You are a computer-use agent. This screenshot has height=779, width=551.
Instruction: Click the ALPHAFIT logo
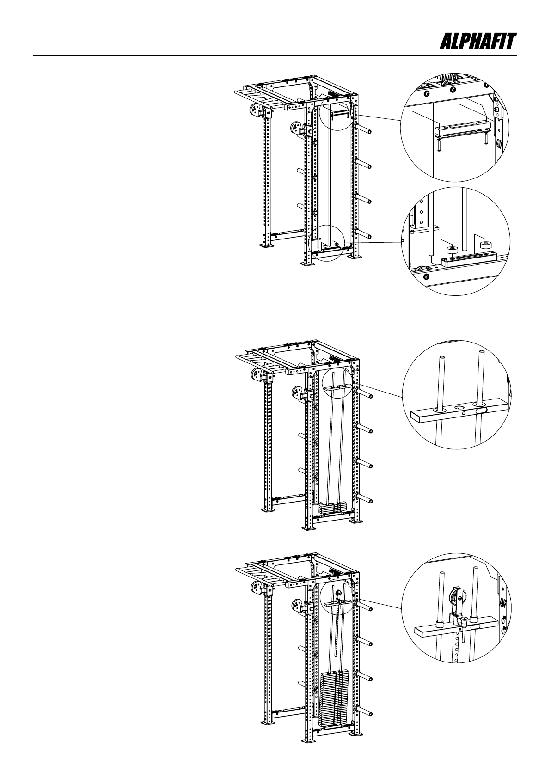(478, 42)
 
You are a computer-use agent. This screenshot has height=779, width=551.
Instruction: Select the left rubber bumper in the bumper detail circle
(452, 251)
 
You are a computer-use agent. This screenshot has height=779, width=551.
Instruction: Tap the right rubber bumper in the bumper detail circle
(485, 245)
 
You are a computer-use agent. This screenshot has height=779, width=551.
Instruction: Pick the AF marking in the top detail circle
(499, 143)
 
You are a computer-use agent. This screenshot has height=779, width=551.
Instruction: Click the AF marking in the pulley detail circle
(503, 603)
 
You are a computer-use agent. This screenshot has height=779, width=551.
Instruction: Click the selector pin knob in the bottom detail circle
(465, 620)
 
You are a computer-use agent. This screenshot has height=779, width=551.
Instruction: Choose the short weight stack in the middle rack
(333, 509)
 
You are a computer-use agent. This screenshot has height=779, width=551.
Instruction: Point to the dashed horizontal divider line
(275, 318)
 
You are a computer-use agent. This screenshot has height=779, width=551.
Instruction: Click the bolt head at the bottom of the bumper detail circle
(426, 277)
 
